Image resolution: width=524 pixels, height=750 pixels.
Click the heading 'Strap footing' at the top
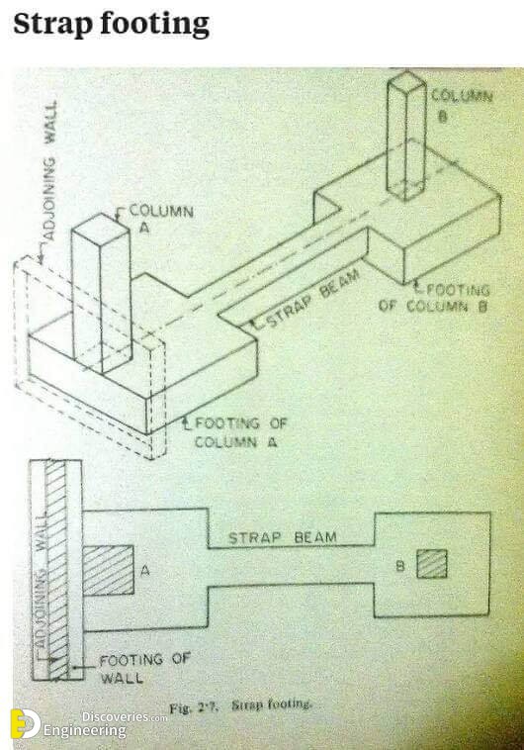click(111, 25)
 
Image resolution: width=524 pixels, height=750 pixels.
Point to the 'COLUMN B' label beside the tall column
click(461, 105)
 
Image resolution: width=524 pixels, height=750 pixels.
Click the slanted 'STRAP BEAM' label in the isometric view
click(311, 299)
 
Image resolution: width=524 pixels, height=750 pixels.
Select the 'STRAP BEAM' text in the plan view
click(283, 537)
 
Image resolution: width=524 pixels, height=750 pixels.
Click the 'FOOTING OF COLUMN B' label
click(434, 298)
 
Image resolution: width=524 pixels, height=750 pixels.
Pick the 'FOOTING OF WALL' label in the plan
click(144, 668)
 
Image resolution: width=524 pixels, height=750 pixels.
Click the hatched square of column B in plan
click(432, 564)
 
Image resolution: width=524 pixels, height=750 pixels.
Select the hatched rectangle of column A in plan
click(109, 570)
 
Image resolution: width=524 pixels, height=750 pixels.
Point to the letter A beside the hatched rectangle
click(145, 570)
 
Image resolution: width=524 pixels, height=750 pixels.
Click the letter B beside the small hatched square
click(400, 566)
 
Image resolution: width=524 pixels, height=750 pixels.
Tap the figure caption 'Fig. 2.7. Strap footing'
click(240, 705)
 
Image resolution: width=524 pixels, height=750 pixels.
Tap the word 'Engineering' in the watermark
click(85, 731)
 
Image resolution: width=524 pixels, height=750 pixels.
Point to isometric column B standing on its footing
click(406, 136)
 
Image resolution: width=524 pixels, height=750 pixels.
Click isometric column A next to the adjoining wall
click(101, 293)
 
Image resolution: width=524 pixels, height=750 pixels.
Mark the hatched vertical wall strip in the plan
click(56, 570)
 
